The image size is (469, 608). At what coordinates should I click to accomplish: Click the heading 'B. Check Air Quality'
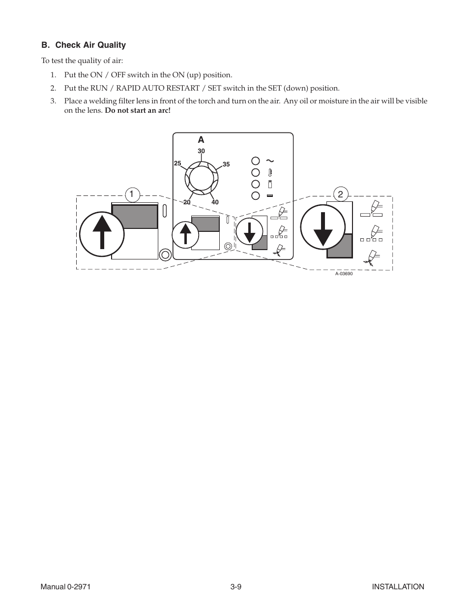coord(84,45)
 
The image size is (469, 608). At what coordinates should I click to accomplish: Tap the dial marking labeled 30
coord(201,151)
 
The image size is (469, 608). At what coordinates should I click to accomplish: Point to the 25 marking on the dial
coord(177,163)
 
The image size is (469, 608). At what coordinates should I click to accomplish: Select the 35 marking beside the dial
coord(226,164)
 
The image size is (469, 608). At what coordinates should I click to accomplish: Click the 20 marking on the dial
coord(187,202)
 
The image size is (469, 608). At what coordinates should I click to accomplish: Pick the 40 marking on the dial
coord(215,202)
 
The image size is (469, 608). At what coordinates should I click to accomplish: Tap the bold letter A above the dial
coord(201,140)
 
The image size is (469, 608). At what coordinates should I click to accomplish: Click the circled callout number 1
coord(131,194)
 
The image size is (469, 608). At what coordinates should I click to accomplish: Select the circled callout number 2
coord(340,194)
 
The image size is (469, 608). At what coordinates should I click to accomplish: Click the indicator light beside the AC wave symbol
coord(256,160)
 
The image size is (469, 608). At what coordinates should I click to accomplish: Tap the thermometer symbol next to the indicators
coord(269,172)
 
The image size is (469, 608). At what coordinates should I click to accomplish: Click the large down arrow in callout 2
coord(322,227)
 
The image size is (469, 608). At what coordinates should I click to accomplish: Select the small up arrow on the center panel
coord(185,234)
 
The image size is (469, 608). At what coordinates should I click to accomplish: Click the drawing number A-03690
coord(344,274)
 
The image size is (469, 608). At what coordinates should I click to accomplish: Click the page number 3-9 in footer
coord(235,586)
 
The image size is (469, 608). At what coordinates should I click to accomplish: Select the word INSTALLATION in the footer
coord(398,586)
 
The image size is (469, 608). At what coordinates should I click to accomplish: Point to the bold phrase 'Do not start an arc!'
coord(138,110)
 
